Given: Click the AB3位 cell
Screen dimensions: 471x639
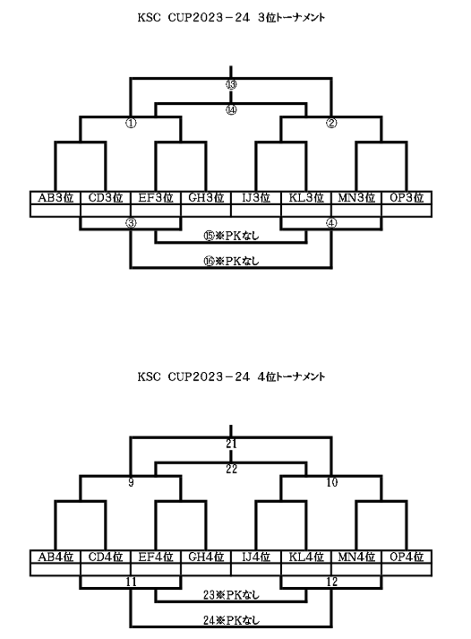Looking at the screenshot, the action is click(56, 198).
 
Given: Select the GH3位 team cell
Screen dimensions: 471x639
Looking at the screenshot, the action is click(206, 198).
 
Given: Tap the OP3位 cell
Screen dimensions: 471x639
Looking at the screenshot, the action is click(407, 198).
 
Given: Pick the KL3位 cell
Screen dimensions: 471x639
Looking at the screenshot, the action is click(306, 198).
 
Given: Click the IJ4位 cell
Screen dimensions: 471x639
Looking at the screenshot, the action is click(256, 557).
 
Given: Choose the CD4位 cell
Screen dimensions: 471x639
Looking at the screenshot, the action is click(106, 557).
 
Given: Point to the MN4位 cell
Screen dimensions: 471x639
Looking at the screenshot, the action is click(356, 557).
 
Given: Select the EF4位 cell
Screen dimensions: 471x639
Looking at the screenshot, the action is click(156, 557).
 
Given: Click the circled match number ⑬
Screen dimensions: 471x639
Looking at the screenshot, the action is click(231, 85).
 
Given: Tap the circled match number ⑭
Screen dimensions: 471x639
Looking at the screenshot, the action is click(231, 110).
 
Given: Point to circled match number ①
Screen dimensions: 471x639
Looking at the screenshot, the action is click(131, 123).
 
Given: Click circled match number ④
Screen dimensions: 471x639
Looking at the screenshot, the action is click(332, 223).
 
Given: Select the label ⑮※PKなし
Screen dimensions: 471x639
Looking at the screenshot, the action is click(231, 236).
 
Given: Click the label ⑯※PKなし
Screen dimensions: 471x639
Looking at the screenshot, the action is click(231, 261).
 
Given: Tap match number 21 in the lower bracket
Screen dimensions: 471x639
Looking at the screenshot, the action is click(231, 444).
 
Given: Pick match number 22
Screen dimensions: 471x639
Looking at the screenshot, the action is click(231, 469).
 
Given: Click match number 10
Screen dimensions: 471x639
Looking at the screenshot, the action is click(332, 482).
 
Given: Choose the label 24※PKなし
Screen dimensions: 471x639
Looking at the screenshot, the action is click(231, 621).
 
